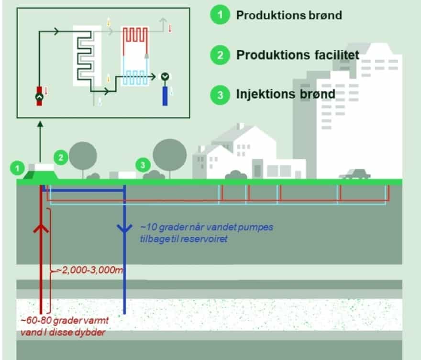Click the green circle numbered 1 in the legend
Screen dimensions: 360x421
pyautogui.click(x=220, y=15)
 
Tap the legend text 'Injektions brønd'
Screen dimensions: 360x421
pyautogui.click(x=286, y=94)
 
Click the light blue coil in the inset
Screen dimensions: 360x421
pyautogui.click(x=135, y=77)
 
